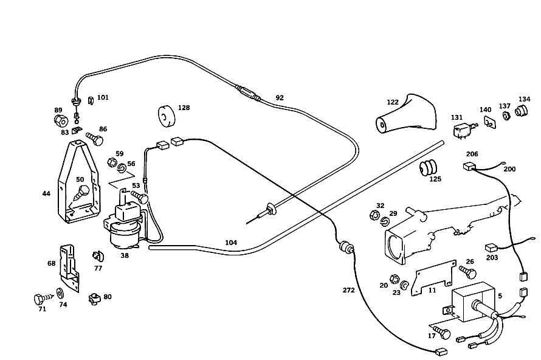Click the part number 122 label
coord(393,102)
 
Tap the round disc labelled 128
coord(167,116)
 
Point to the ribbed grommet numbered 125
coord(428,168)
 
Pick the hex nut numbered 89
coord(61,120)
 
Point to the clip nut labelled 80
coord(95,299)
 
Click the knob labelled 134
coord(522,111)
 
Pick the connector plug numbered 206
coord(469,167)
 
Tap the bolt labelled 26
coord(468,272)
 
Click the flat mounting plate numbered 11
coord(433,278)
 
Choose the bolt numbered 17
coord(442,331)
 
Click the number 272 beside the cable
coord(348,290)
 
